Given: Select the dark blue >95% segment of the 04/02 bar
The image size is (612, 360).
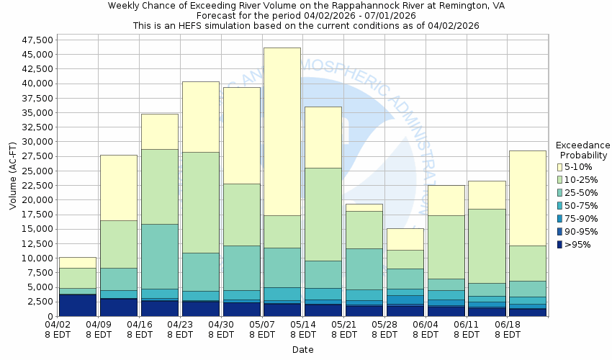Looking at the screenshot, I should pos(78,305).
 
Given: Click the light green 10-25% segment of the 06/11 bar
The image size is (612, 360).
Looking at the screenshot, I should pos(487,246).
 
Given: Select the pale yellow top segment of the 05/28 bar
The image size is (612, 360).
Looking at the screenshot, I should pos(405,239).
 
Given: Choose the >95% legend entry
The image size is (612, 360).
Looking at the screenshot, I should pos(577,245).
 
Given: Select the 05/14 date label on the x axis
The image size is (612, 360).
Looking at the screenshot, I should pos(303,329).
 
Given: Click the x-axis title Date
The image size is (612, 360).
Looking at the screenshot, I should pos(302,350).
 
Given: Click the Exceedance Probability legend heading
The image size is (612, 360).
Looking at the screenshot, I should pos(584,150).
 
